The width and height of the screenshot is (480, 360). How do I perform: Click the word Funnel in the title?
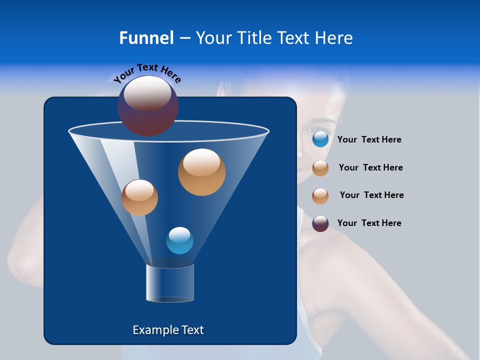pyautogui.click(x=146, y=38)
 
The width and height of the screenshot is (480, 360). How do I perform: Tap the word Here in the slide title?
pyautogui.click(x=335, y=38)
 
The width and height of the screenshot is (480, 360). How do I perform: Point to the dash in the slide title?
pyautogui.click(x=184, y=38)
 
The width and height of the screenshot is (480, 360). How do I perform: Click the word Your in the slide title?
pyautogui.click(x=213, y=38)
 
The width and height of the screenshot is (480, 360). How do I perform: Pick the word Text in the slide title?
pyautogui.click(x=295, y=38)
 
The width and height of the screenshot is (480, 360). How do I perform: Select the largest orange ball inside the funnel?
pyautogui.click(x=202, y=172)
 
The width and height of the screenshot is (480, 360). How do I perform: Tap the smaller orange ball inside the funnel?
pyautogui.click(x=139, y=198)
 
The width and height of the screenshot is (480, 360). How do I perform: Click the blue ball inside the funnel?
pyautogui.click(x=179, y=240)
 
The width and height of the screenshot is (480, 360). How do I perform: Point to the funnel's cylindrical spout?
pyautogui.click(x=170, y=283)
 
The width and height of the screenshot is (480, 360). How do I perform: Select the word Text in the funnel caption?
pyautogui.click(x=192, y=330)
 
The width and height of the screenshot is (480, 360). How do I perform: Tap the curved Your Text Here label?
pyautogui.click(x=147, y=72)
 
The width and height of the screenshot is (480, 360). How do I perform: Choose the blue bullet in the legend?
pyautogui.click(x=320, y=139)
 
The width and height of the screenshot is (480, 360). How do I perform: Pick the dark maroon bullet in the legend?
pyautogui.click(x=320, y=223)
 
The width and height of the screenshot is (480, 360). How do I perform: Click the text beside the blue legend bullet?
pyautogui.click(x=369, y=140)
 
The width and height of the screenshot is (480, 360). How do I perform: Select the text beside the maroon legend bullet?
pyautogui.click(x=369, y=223)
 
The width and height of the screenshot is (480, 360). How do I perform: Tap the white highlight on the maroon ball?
pyautogui.click(x=148, y=93)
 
